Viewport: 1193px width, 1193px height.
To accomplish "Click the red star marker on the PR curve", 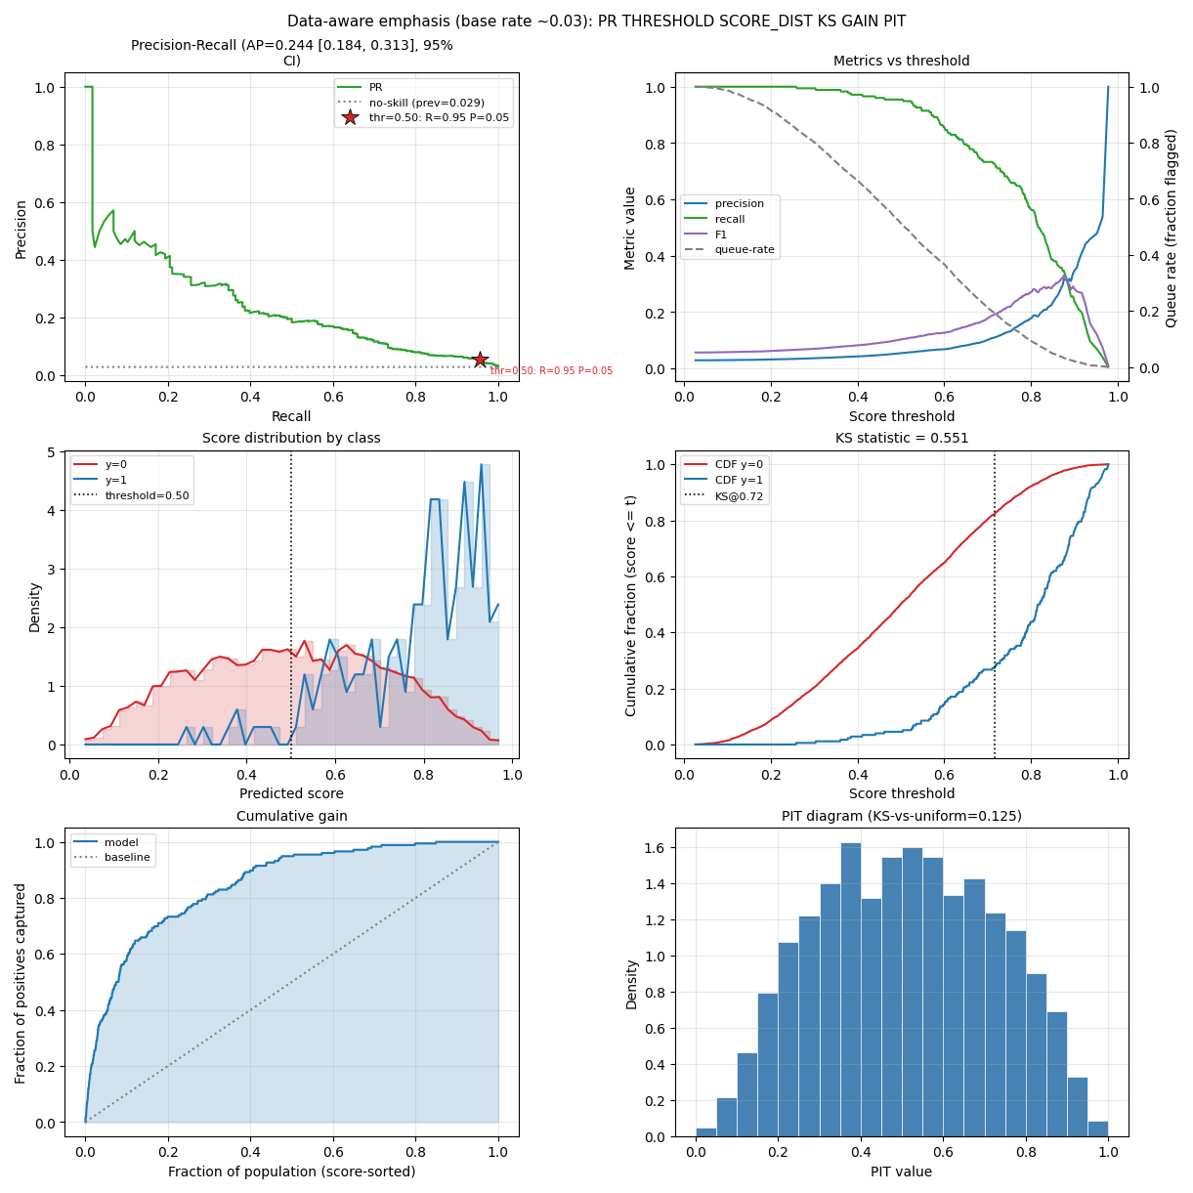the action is (x=480, y=360).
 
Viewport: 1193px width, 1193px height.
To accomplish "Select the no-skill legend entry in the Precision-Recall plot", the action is (x=411, y=103).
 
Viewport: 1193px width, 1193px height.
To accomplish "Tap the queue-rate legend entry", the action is (x=729, y=249).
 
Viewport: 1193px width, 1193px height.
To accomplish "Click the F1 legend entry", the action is (x=705, y=234).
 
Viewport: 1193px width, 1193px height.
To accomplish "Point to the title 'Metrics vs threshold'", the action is (x=902, y=61).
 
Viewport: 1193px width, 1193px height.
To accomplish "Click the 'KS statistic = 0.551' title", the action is (x=902, y=438).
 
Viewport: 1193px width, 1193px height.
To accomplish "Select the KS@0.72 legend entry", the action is (x=723, y=496).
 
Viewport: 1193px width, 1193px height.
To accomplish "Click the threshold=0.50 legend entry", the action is (x=131, y=495).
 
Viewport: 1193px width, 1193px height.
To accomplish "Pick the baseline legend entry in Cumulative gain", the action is (x=111, y=858).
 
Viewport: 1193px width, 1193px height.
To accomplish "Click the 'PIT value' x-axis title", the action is (x=902, y=1172).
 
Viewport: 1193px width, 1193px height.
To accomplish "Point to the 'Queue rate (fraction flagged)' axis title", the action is (x=1171, y=229).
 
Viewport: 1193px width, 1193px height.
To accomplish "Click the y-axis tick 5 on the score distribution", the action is (x=52, y=452).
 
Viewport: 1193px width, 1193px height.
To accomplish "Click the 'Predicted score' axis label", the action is (x=291, y=793).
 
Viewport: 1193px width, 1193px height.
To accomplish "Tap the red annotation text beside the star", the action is (x=551, y=371).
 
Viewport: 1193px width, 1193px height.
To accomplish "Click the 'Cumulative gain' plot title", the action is (x=291, y=816).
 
